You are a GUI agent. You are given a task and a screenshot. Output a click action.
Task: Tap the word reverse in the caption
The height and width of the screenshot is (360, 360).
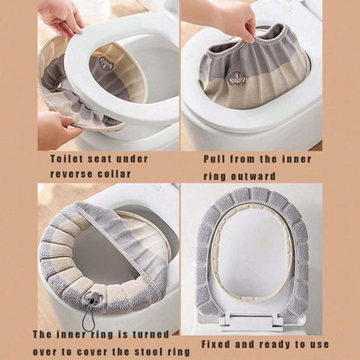[x=73, y=173]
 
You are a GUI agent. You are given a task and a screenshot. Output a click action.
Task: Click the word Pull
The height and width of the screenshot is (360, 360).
[x=216, y=158]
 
